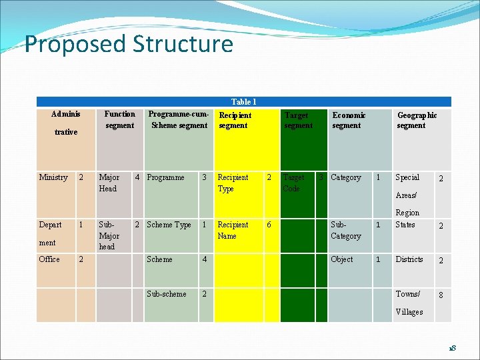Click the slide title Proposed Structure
129,44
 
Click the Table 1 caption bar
243,102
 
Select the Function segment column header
119,120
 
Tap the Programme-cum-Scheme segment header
179,120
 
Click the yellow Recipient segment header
235,121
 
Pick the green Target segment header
298,121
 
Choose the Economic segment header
349,121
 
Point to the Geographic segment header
417,121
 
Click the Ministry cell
53,178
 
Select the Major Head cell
109,183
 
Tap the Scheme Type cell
169,225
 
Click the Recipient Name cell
233,231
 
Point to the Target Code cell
293,183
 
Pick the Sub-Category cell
345,231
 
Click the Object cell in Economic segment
342,259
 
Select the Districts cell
409,259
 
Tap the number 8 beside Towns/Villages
439,295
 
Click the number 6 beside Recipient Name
269,225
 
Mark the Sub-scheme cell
167,294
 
